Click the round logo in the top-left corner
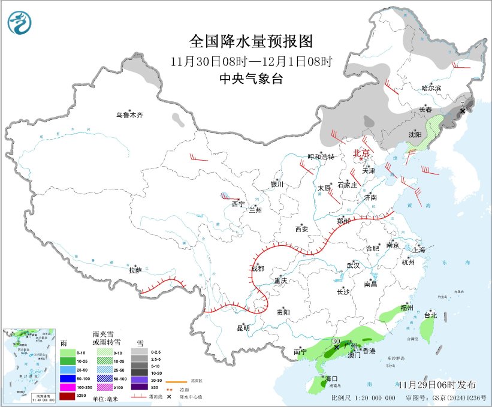click(x=20, y=23)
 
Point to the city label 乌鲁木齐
click(x=130, y=115)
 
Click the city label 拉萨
click(x=135, y=270)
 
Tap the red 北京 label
click(x=362, y=153)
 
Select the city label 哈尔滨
click(x=430, y=88)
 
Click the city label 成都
click(x=257, y=269)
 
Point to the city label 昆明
click(x=243, y=328)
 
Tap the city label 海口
click(x=331, y=378)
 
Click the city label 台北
click(x=430, y=315)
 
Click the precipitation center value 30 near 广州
click(x=336, y=341)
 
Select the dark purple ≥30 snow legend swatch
click(x=139, y=396)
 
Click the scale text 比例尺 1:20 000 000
click(x=363, y=397)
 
